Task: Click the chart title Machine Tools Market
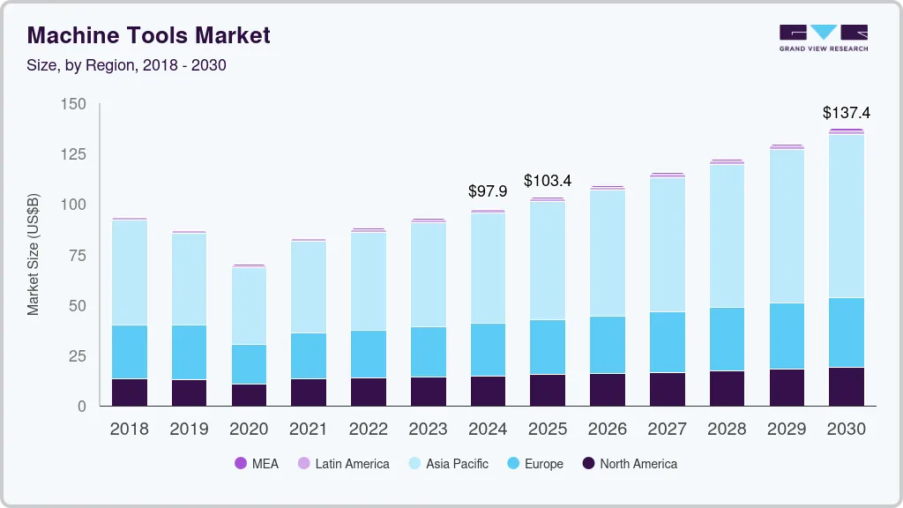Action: coord(149,35)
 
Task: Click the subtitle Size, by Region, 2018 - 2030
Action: coord(127,65)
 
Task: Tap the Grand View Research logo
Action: coord(824,38)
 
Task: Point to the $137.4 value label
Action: coord(846,113)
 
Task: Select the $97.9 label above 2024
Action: coord(488,191)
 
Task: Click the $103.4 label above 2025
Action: coord(548,181)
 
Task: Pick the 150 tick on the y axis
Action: coord(74,104)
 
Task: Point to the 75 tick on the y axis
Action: coord(78,256)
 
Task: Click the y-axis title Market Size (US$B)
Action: coord(34,255)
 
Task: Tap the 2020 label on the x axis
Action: coord(249,430)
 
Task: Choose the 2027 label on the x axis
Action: coord(668,430)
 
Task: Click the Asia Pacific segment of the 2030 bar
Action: coord(847,216)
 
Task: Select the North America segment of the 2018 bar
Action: coord(130,392)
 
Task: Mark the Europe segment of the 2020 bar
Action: coord(249,364)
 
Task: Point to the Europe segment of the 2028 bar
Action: coord(727,340)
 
